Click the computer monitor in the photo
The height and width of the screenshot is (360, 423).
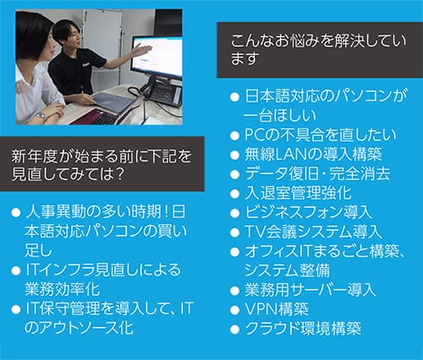click(157, 57)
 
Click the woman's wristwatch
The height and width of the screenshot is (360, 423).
click(41, 116)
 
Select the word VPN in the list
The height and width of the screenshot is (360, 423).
click(261, 309)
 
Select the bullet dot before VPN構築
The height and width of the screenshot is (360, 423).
click(234, 310)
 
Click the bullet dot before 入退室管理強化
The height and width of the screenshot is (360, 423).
click(234, 194)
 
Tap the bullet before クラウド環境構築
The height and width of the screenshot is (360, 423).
click(234, 330)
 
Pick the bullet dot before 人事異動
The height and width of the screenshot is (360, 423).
click(16, 212)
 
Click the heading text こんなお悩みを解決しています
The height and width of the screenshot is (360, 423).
click(318, 50)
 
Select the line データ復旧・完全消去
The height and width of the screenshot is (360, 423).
click(317, 174)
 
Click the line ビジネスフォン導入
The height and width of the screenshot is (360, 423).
click(308, 212)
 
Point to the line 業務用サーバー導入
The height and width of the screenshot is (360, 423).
click(310, 290)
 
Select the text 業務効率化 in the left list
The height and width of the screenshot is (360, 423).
click(63, 289)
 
